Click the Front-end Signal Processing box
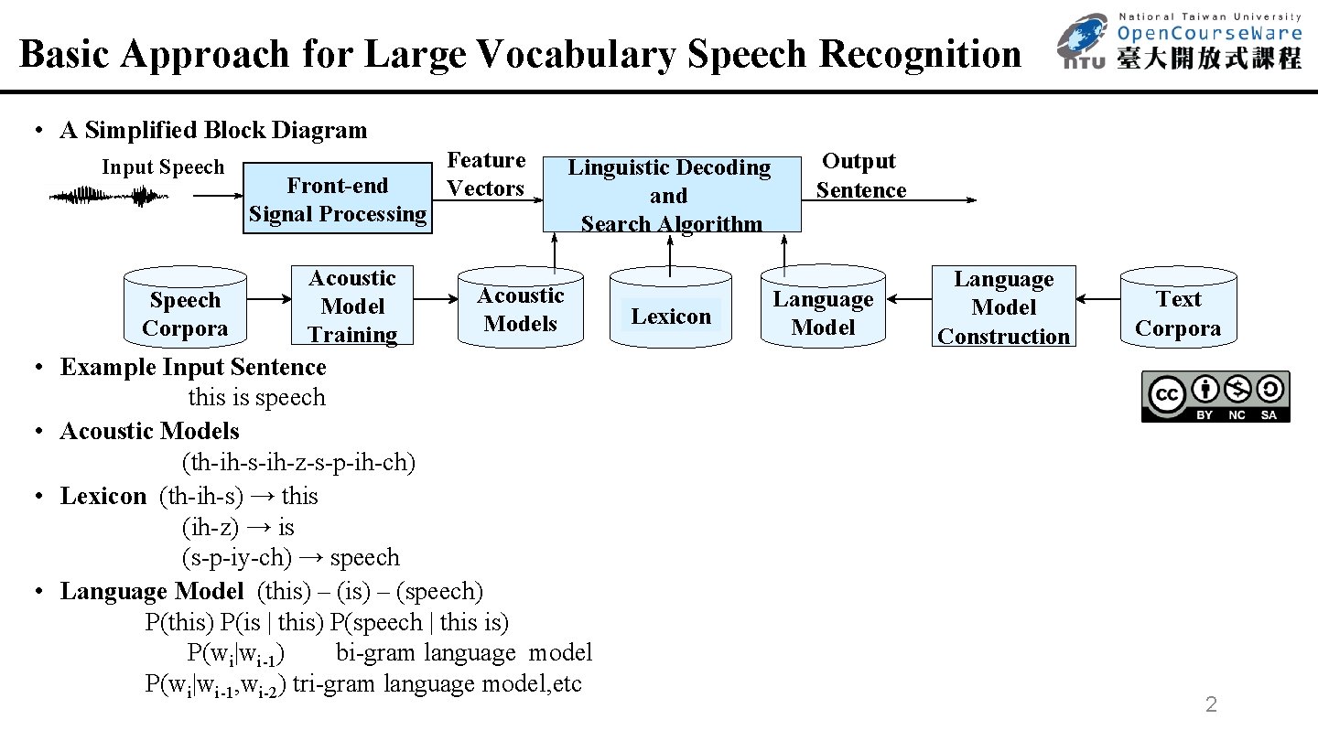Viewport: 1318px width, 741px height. coord(338,199)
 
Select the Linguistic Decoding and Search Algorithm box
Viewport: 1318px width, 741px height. coord(671,195)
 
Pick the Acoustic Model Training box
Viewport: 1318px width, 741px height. coord(352,306)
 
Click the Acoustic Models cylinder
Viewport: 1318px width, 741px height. coord(520,308)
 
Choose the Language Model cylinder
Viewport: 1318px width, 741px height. coord(823,308)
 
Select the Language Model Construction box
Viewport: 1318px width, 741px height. coord(1003,307)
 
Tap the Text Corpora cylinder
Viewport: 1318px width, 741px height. coord(1178,308)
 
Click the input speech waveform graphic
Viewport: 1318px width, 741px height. coord(103,196)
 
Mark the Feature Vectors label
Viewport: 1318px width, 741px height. coord(485,175)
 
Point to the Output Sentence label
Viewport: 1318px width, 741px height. coord(860,176)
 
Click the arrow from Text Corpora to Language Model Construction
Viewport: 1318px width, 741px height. coord(1097,298)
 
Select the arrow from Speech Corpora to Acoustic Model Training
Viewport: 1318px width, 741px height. coord(268,299)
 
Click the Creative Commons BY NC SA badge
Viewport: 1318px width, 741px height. coord(1215,396)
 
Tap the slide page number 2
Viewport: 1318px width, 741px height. coord(1211,704)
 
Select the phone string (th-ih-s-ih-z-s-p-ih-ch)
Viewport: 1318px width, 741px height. coord(299,463)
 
